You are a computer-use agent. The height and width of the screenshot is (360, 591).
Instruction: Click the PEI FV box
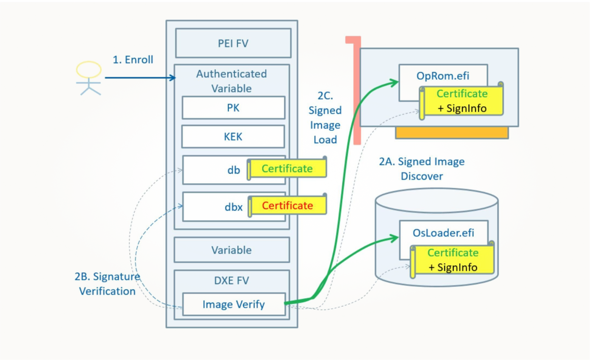(233, 43)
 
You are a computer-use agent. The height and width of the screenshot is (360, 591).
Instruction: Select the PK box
(233, 108)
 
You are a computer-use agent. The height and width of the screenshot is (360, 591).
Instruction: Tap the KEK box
(233, 137)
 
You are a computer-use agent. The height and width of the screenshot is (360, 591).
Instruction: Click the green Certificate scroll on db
(287, 168)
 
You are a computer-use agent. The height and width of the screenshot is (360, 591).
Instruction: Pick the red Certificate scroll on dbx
(287, 205)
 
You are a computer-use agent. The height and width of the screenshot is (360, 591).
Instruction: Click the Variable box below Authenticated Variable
(232, 250)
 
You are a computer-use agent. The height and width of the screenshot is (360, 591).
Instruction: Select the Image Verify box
(234, 304)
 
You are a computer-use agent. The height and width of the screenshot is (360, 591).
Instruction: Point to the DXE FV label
(232, 281)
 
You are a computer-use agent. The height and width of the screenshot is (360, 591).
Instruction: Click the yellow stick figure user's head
(89, 70)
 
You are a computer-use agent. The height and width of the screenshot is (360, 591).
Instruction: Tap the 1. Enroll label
(133, 60)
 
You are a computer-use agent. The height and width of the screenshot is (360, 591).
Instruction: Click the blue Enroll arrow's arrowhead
(173, 78)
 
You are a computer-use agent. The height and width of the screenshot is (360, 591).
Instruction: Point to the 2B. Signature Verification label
(107, 284)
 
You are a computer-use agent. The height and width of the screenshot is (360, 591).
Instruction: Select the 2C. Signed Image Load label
(325, 117)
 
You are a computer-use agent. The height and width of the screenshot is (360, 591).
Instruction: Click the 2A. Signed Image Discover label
(422, 169)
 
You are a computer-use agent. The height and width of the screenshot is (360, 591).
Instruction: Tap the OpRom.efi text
(443, 76)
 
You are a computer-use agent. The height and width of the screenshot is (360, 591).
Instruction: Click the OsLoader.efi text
(443, 233)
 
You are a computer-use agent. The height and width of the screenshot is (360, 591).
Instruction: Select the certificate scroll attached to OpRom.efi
(462, 101)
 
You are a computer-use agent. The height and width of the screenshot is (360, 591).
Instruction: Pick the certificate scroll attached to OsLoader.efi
(453, 260)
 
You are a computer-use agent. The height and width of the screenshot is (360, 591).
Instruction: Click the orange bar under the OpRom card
(452, 133)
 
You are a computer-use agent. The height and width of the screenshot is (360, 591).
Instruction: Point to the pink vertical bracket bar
(357, 91)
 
